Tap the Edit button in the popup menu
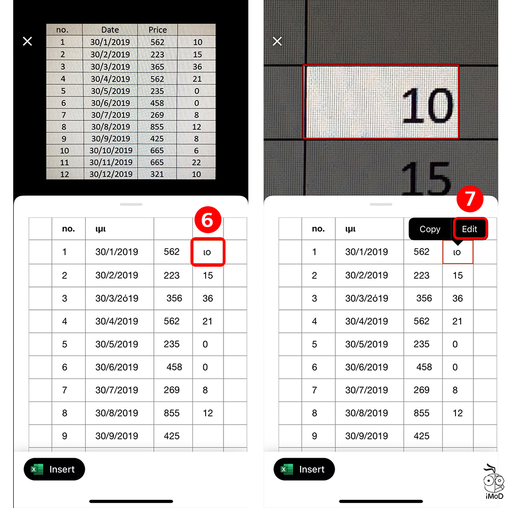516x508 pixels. [469, 229]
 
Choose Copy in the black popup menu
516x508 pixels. [430, 229]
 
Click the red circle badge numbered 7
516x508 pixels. [469, 199]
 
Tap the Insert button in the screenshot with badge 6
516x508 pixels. [54, 469]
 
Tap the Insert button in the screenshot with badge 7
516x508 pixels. [304, 469]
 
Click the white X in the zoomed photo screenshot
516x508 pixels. [277, 41]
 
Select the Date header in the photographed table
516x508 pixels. [110, 30]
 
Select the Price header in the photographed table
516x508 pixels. [157, 30]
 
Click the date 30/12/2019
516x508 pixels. [111, 174]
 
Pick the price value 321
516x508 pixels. [157, 174]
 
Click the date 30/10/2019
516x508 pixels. [111, 150]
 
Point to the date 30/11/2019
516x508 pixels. [111, 163]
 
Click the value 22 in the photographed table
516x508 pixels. [197, 163]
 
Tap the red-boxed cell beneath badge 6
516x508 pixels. [208, 252]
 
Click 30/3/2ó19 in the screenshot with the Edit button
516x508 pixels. [367, 298]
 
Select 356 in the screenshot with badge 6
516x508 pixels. [174, 298]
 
